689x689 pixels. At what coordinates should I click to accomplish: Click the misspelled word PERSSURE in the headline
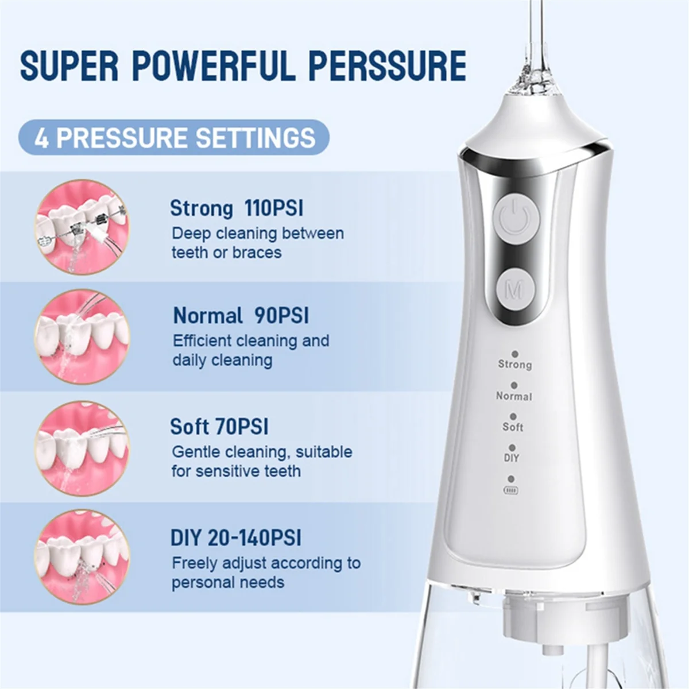(x=387, y=65)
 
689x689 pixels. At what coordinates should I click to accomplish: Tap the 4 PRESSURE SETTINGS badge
(x=174, y=138)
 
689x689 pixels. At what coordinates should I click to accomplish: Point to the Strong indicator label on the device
(x=514, y=364)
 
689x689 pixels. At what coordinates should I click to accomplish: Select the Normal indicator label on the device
(x=514, y=396)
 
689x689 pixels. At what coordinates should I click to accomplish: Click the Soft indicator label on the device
(x=513, y=427)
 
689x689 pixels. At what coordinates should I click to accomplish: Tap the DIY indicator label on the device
(x=512, y=458)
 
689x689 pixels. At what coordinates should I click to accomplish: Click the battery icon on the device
(x=510, y=490)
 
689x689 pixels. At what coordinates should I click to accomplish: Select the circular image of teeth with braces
(x=82, y=227)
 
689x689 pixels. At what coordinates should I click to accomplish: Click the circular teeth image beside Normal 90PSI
(x=82, y=336)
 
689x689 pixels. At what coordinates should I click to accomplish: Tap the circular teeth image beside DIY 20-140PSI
(x=82, y=558)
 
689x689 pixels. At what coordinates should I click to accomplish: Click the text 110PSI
(x=273, y=208)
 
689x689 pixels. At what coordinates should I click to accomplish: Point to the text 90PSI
(x=281, y=316)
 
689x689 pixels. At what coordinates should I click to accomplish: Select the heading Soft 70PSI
(x=219, y=427)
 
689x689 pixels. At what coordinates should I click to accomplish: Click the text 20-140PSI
(x=254, y=538)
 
